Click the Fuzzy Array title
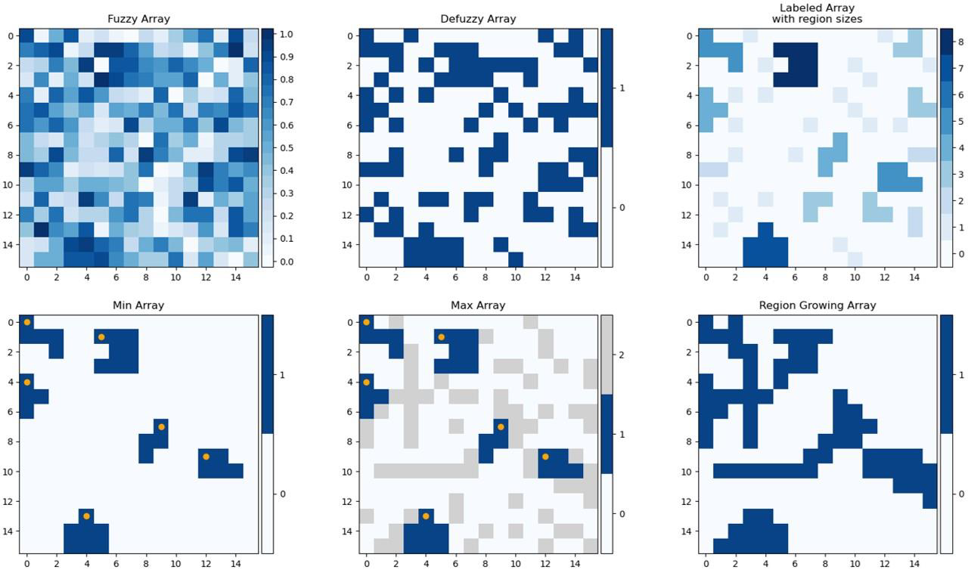(138, 19)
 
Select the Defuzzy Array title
(478, 19)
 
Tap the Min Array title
(138, 305)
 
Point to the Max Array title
(478, 305)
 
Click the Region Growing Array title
(818, 305)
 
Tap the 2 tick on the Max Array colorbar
(620, 355)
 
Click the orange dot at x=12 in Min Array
(206, 457)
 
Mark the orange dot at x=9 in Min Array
(161, 427)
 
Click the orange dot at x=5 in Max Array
(441, 337)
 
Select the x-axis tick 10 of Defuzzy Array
(515, 278)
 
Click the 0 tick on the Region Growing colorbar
(960, 494)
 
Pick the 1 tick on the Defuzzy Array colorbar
(620, 88)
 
